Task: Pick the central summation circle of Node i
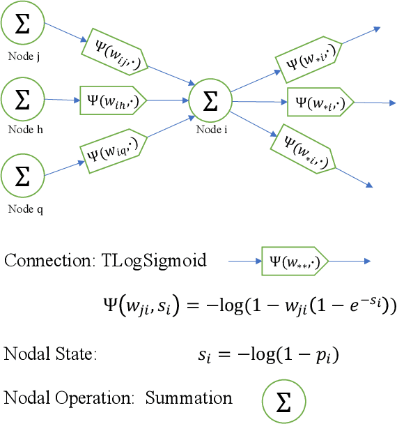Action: (210, 101)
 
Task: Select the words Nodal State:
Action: (50, 353)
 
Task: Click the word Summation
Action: (189, 398)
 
